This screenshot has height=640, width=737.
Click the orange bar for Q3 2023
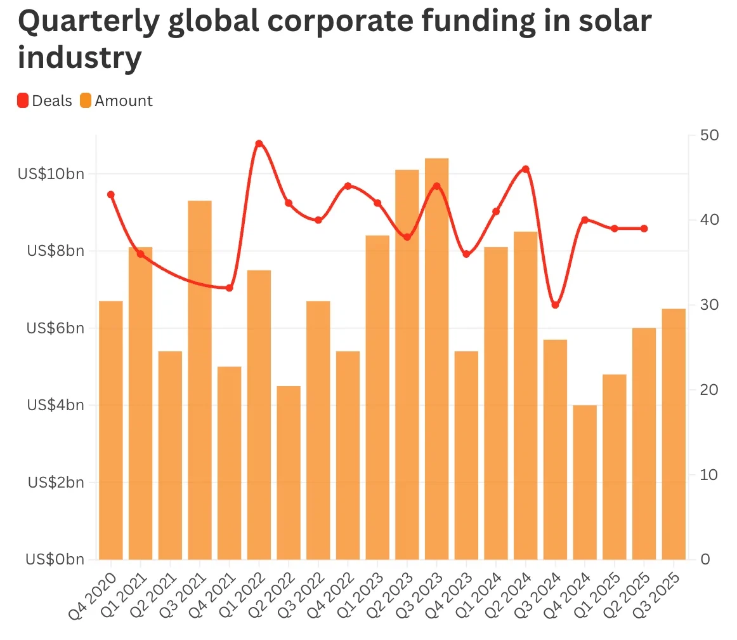coord(437,359)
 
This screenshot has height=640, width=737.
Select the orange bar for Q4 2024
coord(585,482)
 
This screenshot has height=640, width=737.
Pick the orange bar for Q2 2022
coord(289,472)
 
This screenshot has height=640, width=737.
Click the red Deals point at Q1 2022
coord(259,143)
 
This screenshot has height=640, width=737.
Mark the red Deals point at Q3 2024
coord(555,305)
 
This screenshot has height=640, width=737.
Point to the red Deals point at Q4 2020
coord(111,194)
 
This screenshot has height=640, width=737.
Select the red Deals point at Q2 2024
coord(525,169)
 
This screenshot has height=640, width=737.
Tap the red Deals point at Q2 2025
coord(644,229)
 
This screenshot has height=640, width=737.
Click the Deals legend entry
coord(44,101)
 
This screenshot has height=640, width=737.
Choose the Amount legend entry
coord(117,101)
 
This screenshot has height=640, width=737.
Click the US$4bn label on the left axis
coord(56,405)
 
